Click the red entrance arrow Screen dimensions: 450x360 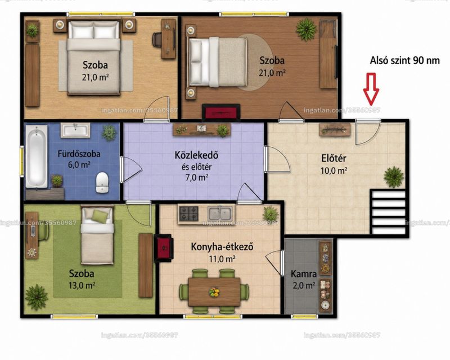click(371, 88)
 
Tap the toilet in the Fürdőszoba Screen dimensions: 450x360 click(102, 182)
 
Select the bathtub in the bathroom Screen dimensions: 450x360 click(37, 156)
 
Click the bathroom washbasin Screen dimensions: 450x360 click(76, 129)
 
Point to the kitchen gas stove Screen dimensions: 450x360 click(188, 214)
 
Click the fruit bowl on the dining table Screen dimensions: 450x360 click(214, 292)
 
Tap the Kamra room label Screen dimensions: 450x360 click(304, 274)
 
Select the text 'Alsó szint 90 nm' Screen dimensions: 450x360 click(404, 60)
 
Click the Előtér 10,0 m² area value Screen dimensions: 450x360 click(334, 171)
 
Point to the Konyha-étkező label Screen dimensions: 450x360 click(222, 247)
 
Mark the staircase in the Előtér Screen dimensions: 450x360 click(389, 211)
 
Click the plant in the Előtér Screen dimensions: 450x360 click(394, 177)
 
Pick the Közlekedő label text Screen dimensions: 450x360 click(196, 155)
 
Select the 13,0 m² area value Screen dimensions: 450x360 click(82, 285)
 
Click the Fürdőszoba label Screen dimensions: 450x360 click(79, 154)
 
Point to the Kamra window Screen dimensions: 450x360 click(300, 317)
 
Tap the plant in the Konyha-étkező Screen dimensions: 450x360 click(271, 214)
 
